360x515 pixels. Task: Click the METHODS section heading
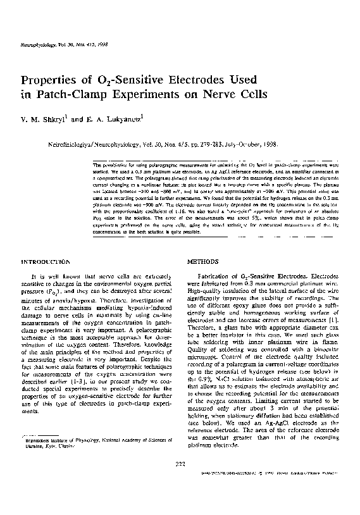(204, 261)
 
